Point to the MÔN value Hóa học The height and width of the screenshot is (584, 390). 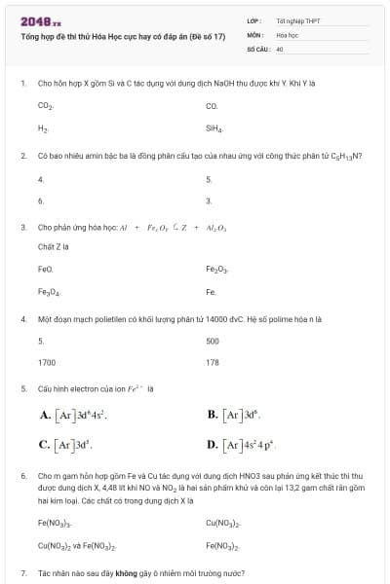[286, 33]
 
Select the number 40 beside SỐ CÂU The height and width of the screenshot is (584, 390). [280, 47]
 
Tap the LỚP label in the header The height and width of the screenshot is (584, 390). [254, 20]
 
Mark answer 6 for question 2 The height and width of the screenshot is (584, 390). [41, 201]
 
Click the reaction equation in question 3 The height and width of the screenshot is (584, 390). [173, 227]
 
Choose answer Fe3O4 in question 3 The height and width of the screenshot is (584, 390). [49, 291]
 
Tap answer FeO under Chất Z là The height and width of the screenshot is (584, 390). [45, 268]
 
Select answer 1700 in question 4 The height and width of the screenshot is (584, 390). [47, 362]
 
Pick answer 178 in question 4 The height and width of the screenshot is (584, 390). [213, 362]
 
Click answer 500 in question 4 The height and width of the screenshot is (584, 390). [213, 341]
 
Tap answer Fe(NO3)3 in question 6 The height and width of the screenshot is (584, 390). [56, 525]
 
